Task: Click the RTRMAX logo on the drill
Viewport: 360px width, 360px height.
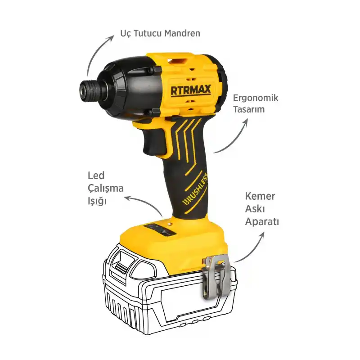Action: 191,90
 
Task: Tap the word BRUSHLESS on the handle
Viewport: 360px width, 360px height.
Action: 195,189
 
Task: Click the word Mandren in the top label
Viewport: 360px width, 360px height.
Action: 182,33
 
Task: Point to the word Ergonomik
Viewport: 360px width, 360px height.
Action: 256,98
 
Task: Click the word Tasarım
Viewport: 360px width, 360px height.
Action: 249,109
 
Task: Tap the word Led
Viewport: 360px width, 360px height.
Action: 96,175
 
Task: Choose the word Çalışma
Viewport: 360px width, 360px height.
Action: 106,189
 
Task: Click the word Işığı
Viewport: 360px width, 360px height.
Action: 97,201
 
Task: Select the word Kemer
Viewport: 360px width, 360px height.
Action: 260,196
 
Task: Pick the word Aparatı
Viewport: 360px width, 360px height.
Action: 262,222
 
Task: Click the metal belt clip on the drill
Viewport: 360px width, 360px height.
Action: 215,276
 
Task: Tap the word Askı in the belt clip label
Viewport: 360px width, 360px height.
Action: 255,209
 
